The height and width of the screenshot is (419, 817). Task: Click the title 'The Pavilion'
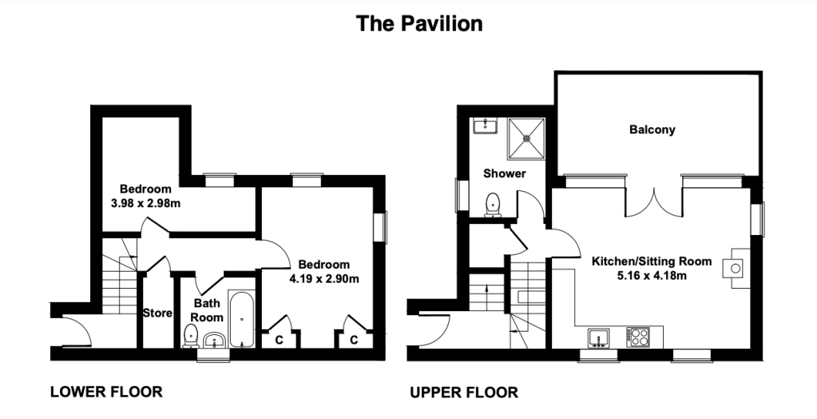click(419, 23)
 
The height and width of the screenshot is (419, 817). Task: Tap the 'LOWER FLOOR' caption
click(106, 391)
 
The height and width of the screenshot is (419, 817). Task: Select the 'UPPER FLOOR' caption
click(464, 393)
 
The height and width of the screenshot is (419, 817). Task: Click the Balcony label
click(652, 130)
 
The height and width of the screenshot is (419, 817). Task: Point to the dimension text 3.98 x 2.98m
click(146, 203)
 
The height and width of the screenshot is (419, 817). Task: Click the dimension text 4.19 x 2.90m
click(324, 278)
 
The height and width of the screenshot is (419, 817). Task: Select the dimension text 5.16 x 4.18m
click(652, 275)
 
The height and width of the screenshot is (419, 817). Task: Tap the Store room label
click(157, 313)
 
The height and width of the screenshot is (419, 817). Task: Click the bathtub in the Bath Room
click(242, 320)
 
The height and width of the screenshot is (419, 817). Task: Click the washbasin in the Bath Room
click(214, 340)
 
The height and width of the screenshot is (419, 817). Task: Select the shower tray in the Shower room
click(527, 138)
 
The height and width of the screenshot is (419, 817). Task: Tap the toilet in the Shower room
click(493, 205)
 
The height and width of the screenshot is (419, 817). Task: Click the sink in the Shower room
click(485, 126)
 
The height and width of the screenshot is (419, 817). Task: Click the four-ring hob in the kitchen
click(638, 337)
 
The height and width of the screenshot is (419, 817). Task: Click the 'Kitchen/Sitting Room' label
click(652, 261)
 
